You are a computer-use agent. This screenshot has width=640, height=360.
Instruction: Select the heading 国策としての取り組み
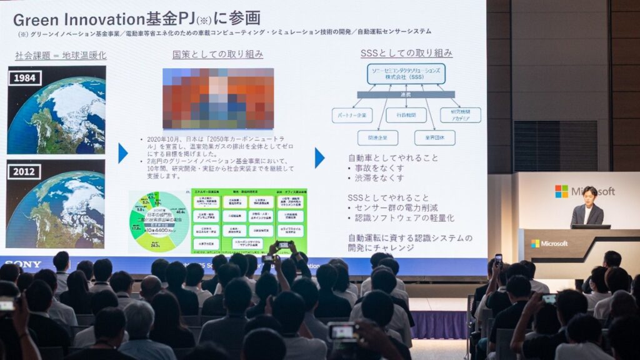coord(217,54)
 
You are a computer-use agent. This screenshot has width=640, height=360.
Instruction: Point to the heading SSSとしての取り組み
coord(406,53)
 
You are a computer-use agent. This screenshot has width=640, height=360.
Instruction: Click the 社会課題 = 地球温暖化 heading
coord(61,55)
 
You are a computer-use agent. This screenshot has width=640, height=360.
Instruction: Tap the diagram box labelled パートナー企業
coord(352,115)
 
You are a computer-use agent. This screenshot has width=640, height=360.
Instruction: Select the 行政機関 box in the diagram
coord(406,115)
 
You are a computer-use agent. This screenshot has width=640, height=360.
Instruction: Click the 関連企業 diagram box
coord(377,138)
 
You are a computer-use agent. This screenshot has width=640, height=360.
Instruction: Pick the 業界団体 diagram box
coord(434,138)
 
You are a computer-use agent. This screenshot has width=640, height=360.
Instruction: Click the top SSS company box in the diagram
coord(406,74)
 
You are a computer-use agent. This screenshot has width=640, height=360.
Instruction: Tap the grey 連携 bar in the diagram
coord(406,94)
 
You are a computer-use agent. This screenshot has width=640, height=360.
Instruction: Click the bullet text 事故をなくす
coord(379,167)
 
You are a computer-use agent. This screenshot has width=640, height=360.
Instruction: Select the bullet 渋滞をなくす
coord(379,177)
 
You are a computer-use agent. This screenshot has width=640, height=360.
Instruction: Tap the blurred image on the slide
coord(218,98)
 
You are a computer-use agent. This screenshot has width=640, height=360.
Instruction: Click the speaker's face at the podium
coord(589,195)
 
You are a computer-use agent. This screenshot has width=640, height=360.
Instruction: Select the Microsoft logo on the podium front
coord(549,243)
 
